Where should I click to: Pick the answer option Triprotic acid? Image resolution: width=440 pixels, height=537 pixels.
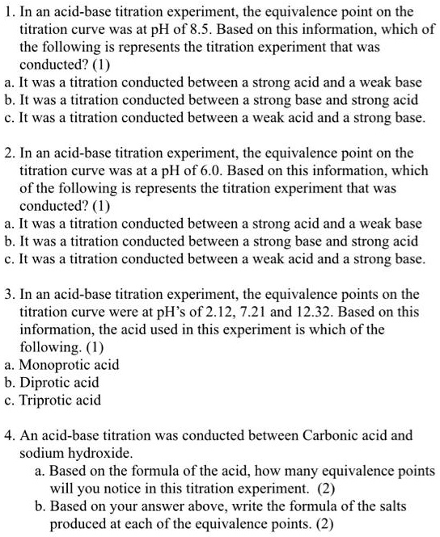coord(60,399)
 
